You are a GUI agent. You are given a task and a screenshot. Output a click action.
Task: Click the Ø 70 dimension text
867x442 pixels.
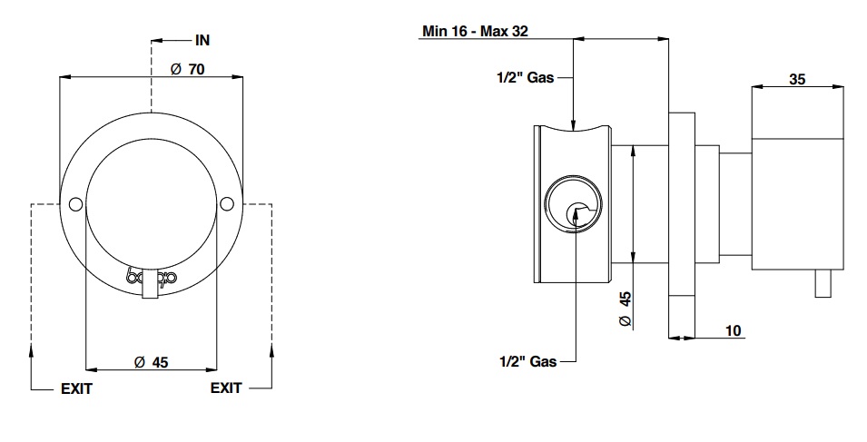187,70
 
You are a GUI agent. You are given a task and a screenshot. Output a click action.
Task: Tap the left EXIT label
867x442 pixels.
76,388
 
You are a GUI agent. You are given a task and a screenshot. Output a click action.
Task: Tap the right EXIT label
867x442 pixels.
226,388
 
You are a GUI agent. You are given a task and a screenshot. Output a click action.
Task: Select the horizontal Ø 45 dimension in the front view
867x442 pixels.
151,361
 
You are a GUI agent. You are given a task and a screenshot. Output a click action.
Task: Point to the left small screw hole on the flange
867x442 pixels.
75,202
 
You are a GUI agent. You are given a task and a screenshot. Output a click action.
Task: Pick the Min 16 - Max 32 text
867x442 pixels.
476,30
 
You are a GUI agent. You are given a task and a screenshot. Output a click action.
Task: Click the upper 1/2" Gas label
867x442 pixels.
526,78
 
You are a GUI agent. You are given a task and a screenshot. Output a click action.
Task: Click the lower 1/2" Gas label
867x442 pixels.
527,361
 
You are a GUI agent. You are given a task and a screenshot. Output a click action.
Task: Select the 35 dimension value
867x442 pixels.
797,80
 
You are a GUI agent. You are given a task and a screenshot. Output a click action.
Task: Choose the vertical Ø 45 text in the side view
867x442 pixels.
625,309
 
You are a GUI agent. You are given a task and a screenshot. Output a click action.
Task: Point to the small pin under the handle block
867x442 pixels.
824,284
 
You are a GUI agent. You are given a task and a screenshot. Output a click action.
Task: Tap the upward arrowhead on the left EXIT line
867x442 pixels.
32,349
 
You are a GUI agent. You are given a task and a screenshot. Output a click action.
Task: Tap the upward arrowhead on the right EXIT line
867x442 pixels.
271,349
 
